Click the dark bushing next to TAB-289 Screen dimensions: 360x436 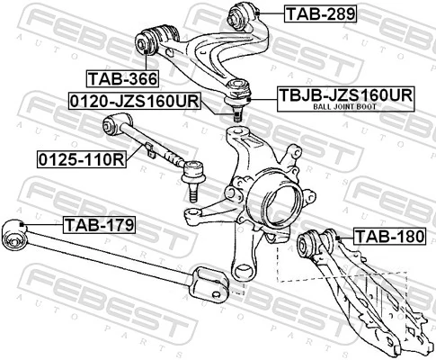point(245,14)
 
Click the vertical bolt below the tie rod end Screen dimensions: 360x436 point(192,189)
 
